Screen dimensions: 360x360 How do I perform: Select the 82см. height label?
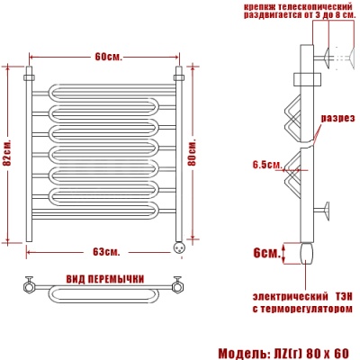(7, 153)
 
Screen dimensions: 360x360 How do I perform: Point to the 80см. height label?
(192, 152)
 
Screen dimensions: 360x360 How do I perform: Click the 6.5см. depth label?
(267, 165)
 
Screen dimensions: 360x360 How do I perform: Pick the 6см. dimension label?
(266, 253)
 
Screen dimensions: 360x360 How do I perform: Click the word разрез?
(337, 118)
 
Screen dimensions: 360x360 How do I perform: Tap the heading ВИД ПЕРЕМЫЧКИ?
(105, 279)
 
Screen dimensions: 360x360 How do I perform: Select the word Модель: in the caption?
(237, 353)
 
